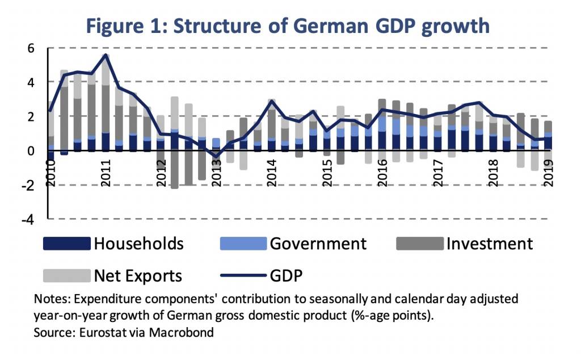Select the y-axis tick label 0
pyautogui.click(x=30, y=151)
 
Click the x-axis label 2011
pyautogui.click(x=106, y=169)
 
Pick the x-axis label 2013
pyautogui.click(x=216, y=169)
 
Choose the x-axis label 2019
pyautogui.click(x=549, y=169)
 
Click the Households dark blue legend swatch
pyautogui.click(x=66, y=244)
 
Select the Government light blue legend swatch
pyautogui.click(x=243, y=244)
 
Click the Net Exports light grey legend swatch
pyautogui.click(x=66, y=276)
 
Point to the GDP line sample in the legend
pyautogui.click(x=243, y=276)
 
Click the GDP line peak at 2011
pyautogui.click(x=106, y=55)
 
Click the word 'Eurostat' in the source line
pyautogui.click(x=100, y=332)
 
